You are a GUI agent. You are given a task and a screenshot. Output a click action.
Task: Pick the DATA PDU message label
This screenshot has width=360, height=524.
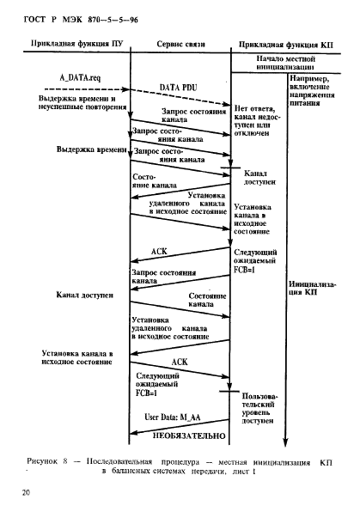[180, 87]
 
